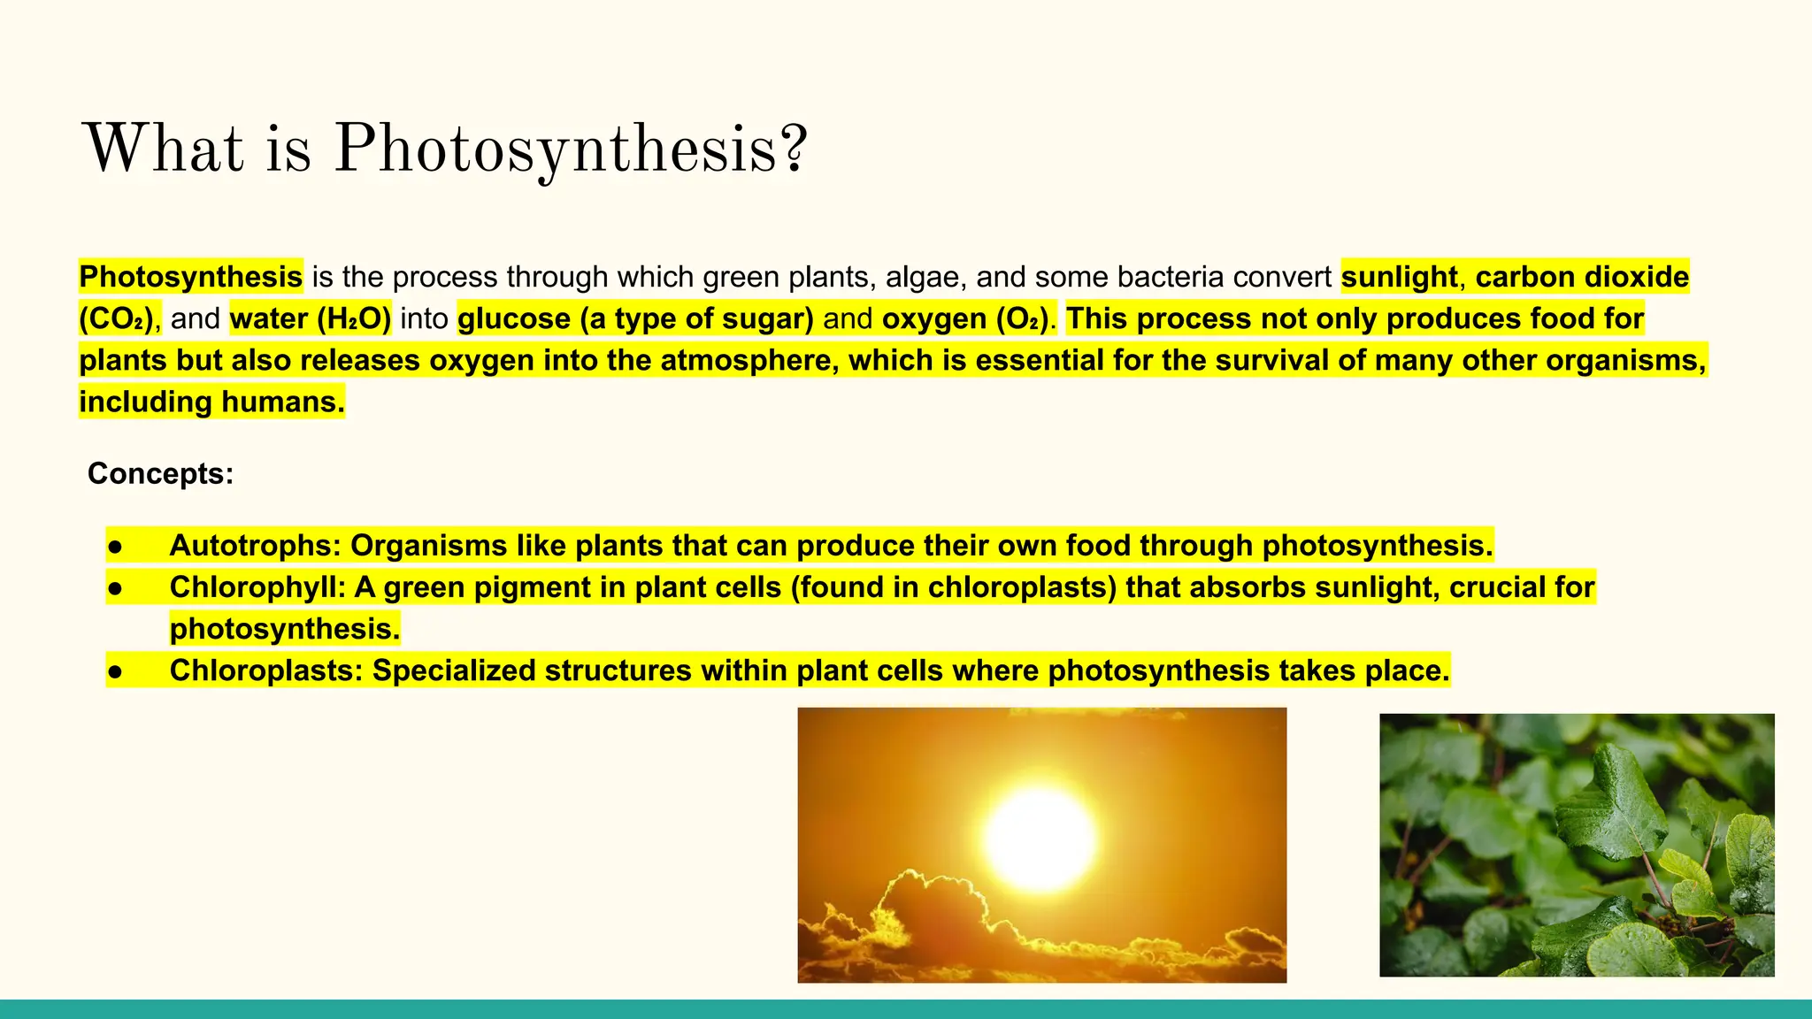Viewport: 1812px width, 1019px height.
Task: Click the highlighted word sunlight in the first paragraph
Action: [x=1399, y=277]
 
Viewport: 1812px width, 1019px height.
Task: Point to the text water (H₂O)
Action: [x=310, y=318]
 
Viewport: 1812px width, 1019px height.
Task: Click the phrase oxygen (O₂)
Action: [x=965, y=318]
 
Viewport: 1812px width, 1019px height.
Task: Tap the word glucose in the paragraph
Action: [x=514, y=318]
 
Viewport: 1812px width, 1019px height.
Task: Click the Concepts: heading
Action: [x=160, y=473]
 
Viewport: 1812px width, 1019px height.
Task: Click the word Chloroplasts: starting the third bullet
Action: [x=265, y=670]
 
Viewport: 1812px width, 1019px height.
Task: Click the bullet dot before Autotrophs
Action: [x=115, y=546]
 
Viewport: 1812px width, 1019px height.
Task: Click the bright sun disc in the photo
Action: [x=1040, y=838]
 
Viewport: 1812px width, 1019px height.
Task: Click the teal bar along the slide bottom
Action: [x=906, y=1009]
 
